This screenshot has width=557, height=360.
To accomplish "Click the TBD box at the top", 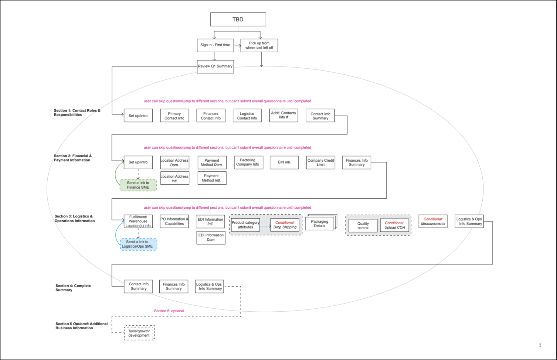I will pos(238,19).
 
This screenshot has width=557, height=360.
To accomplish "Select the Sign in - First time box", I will pos(215,45).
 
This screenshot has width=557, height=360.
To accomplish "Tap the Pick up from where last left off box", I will pos(259,45).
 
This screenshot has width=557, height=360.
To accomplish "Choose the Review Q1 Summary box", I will pos(215,66).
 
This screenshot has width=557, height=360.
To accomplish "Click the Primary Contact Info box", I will pos(175,116).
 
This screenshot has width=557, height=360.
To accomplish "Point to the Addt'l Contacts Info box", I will pos(284,115).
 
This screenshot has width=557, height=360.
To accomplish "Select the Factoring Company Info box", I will pos(248,162).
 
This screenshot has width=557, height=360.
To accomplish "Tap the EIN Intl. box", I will pos(284,162).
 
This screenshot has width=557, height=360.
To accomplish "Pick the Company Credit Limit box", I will pos(321,163).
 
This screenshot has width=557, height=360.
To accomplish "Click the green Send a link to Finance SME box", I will pos(138,185).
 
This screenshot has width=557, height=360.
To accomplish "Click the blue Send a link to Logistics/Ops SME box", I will pos(138,244).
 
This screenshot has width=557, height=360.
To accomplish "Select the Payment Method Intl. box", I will pos(212,178).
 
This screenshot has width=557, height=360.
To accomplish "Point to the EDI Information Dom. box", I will pos(211,238).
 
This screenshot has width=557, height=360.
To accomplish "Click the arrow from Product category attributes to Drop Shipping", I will pos(265,226).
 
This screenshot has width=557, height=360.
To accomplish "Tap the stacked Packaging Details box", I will pos(320,224).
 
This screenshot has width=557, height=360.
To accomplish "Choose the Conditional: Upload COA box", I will pos(394,225).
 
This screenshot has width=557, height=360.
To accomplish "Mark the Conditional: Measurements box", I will pos(433,221).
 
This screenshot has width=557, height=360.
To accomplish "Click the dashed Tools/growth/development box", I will pos(139,333).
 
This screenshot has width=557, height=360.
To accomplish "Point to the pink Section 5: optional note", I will pos(169,311).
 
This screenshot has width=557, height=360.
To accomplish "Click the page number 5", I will pos(540,345).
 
